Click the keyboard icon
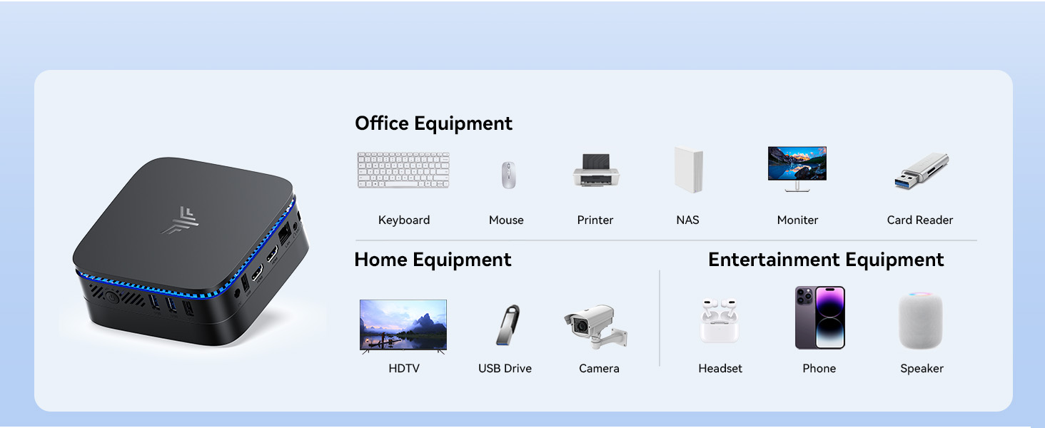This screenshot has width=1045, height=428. pyautogui.click(x=403, y=170)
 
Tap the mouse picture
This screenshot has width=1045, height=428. pyautogui.click(x=508, y=175)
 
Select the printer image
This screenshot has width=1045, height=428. pyautogui.click(x=596, y=170)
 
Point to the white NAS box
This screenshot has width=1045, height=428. pyautogui.click(x=688, y=170)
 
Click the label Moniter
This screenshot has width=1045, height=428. pyautogui.click(x=797, y=220)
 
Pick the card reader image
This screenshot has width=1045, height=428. pyautogui.click(x=921, y=171)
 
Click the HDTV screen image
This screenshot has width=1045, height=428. pyautogui.click(x=403, y=325)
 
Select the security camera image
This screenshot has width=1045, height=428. pyautogui.click(x=595, y=327)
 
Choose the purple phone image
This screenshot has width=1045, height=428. pyautogui.click(x=819, y=317)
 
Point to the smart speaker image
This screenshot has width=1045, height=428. pyautogui.click(x=921, y=321)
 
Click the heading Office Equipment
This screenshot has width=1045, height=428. pyautogui.click(x=433, y=123)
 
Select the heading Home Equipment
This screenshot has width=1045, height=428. pyautogui.click(x=433, y=260)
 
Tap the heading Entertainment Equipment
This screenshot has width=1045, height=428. pyautogui.click(x=826, y=260)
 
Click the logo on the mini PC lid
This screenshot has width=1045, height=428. pyautogui.click(x=178, y=220)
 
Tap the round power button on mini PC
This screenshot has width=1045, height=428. pyautogui.click(x=112, y=295)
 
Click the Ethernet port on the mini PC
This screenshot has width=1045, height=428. pyautogui.click(x=284, y=233)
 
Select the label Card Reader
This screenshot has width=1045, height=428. pyautogui.click(x=919, y=220)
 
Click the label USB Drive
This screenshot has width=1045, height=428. pyautogui.click(x=505, y=369)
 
